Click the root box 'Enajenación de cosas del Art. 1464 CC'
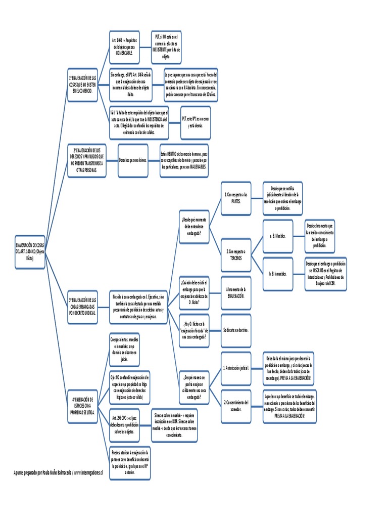pyautogui.click(x=30, y=251)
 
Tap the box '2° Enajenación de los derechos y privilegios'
pyautogui.click(x=87, y=160)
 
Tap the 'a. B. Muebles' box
pyautogui.click(x=278, y=236)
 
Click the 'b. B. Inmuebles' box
pyautogui.click(x=278, y=274)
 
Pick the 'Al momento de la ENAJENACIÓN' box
pyautogui.click(x=236, y=292)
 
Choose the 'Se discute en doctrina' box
pyautogui.click(x=236, y=330)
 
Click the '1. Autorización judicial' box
pyautogui.click(x=236, y=368)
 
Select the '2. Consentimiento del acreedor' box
pyautogui.click(x=236, y=406)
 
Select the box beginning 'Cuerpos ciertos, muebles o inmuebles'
pyautogui.click(x=125, y=349)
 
